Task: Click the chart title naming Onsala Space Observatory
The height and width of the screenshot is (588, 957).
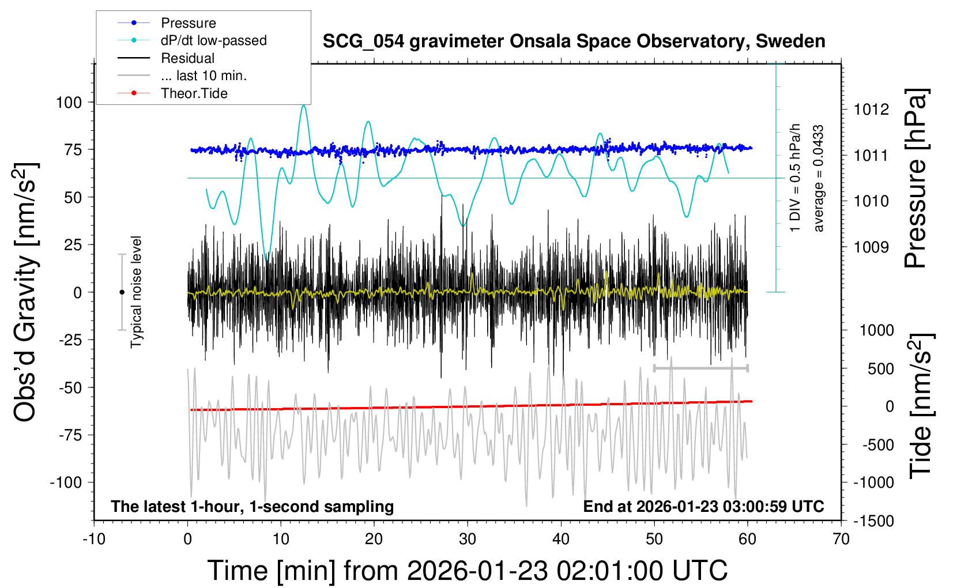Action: pos(574,42)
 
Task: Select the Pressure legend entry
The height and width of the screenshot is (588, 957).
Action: pos(189,23)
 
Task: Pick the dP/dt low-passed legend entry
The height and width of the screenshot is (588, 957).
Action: pos(213,40)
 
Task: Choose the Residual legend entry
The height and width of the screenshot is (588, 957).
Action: pos(187,58)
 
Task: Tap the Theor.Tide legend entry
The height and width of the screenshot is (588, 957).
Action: pos(194,93)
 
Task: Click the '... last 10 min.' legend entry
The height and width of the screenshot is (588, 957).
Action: pos(204,76)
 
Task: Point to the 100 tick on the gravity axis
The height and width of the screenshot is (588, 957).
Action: pos(69,103)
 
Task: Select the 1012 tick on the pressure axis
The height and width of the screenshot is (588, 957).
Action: pos(871,110)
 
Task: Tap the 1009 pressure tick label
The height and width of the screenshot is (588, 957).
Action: pos(871,247)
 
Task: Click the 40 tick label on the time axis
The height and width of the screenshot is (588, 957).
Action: pos(561,540)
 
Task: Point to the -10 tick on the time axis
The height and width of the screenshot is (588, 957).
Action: pos(94,540)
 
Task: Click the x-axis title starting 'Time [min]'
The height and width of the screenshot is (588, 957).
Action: pos(467,571)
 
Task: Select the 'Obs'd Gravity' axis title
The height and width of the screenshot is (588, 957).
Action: pos(26,292)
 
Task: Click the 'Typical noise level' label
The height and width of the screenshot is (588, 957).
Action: pos(136,292)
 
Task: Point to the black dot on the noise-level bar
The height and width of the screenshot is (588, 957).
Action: pos(122,292)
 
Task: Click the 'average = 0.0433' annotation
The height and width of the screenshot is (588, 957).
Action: pos(819,179)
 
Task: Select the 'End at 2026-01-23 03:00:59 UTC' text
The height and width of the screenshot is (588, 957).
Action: pos(703,507)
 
